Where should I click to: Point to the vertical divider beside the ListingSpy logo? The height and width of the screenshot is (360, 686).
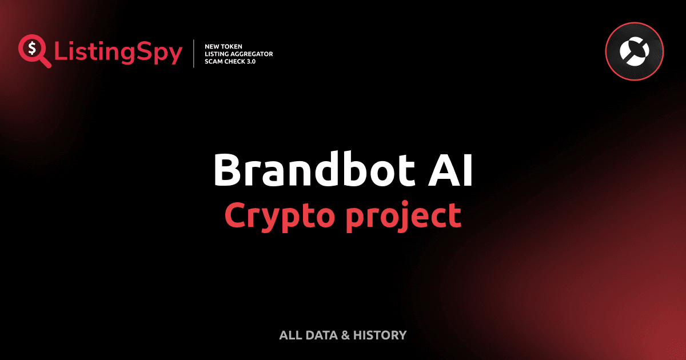[x=195, y=54]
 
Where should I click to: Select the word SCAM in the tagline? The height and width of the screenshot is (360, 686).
[x=214, y=62]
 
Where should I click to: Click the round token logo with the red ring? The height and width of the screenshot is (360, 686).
[x=634, y=53]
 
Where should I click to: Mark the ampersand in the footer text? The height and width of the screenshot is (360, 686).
[x=345, y=335]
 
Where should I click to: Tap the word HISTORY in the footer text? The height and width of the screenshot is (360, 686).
[x=380, y=335]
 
